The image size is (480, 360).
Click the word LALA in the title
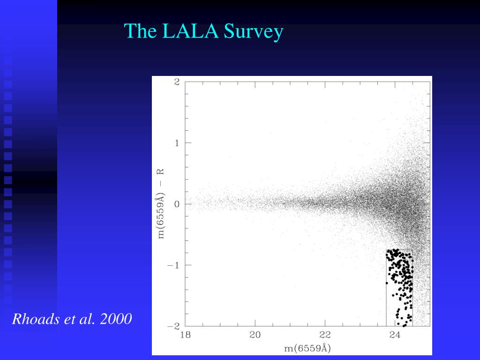190,31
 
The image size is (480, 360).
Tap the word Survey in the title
254,32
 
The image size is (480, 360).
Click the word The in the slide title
141,31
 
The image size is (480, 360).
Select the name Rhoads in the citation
36,319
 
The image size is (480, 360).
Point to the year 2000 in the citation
116,319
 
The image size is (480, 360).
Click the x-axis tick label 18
186,335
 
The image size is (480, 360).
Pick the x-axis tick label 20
255,335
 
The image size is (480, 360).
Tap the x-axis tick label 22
325,335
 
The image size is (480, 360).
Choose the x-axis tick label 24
395,335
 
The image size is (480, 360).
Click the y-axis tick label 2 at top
177,82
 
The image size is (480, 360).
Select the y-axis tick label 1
177,143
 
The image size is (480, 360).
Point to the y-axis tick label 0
177,204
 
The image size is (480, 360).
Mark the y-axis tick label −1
173,265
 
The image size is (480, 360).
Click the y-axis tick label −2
173,326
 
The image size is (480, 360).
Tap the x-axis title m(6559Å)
307,348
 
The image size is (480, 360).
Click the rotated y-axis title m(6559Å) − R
161,204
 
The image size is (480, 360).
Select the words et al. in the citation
80,319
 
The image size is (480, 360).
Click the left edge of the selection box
386,288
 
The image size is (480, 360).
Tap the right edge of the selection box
412,288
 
